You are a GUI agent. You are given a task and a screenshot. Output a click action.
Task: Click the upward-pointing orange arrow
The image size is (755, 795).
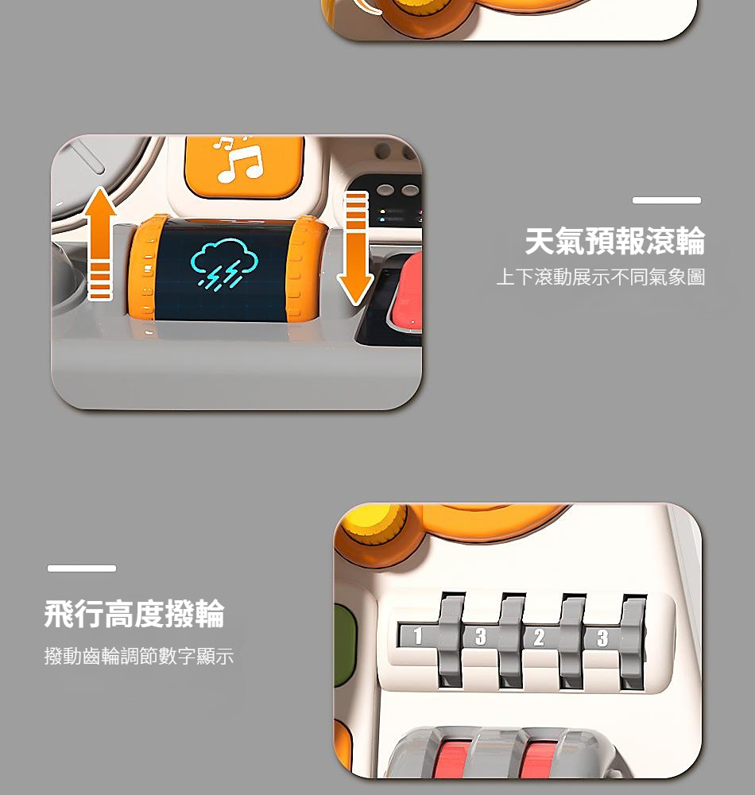(x=100, y=243)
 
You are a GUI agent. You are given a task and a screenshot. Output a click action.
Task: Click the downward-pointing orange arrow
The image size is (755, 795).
(x=356, y=248)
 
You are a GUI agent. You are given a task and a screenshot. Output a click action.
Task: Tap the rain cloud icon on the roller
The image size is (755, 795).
(x=224, y=264)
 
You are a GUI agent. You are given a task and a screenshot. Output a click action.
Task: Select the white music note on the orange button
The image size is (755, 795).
(x=240, y=159)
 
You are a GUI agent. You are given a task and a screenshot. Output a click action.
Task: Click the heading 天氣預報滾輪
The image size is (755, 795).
(x=615, y=241)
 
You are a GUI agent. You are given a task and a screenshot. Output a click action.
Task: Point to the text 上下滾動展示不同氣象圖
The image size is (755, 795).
(x=601, y=277)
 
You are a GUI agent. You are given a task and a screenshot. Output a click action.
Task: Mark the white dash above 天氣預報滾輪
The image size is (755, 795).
(x=666, y=200)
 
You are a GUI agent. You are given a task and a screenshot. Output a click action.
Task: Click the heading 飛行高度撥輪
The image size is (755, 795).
(x=134, y=614)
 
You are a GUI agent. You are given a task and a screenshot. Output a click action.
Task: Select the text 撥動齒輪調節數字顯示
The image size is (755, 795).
(x=139, y=656)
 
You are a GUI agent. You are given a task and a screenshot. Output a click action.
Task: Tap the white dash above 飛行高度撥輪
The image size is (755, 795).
(x=82, y=568)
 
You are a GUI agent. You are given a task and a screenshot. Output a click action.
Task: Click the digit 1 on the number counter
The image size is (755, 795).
(x=417, y=635)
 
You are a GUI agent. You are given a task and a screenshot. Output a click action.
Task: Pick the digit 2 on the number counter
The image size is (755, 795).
(x=539, y=638)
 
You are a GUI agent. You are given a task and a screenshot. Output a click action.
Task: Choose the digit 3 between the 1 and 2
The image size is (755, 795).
(x=480, y=636)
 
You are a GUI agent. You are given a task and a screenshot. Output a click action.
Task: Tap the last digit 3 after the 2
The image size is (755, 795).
(x=602, y=638)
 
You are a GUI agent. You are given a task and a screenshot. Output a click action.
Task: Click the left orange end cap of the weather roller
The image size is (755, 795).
(x=143, y=269)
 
